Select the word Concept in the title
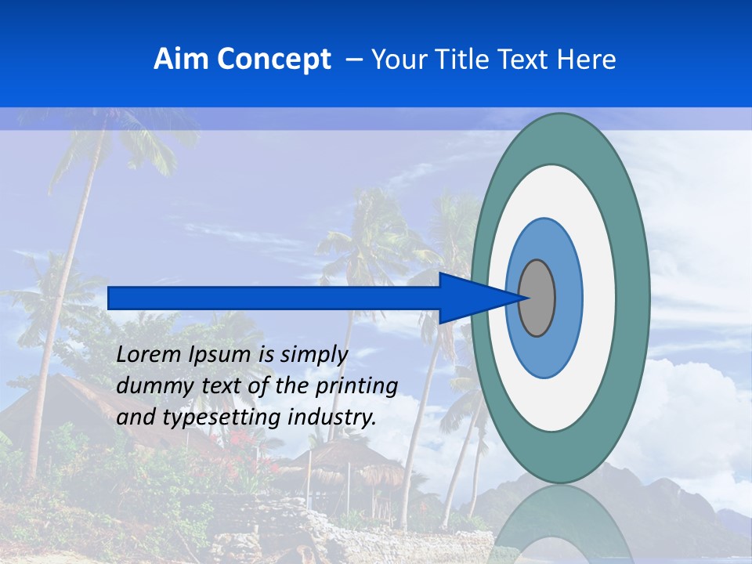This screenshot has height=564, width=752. pyautogui.click(x=273, y=60)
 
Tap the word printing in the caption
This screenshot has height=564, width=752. pyautogui.click(x=356, y=386)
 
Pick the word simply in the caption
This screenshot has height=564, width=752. pyautogui.click(x=313, y=355)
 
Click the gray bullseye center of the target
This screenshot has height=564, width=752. pyautogui.click(x=537, y=298)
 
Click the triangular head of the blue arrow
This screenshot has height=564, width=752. pyautogui.click(x=470, y=298)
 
